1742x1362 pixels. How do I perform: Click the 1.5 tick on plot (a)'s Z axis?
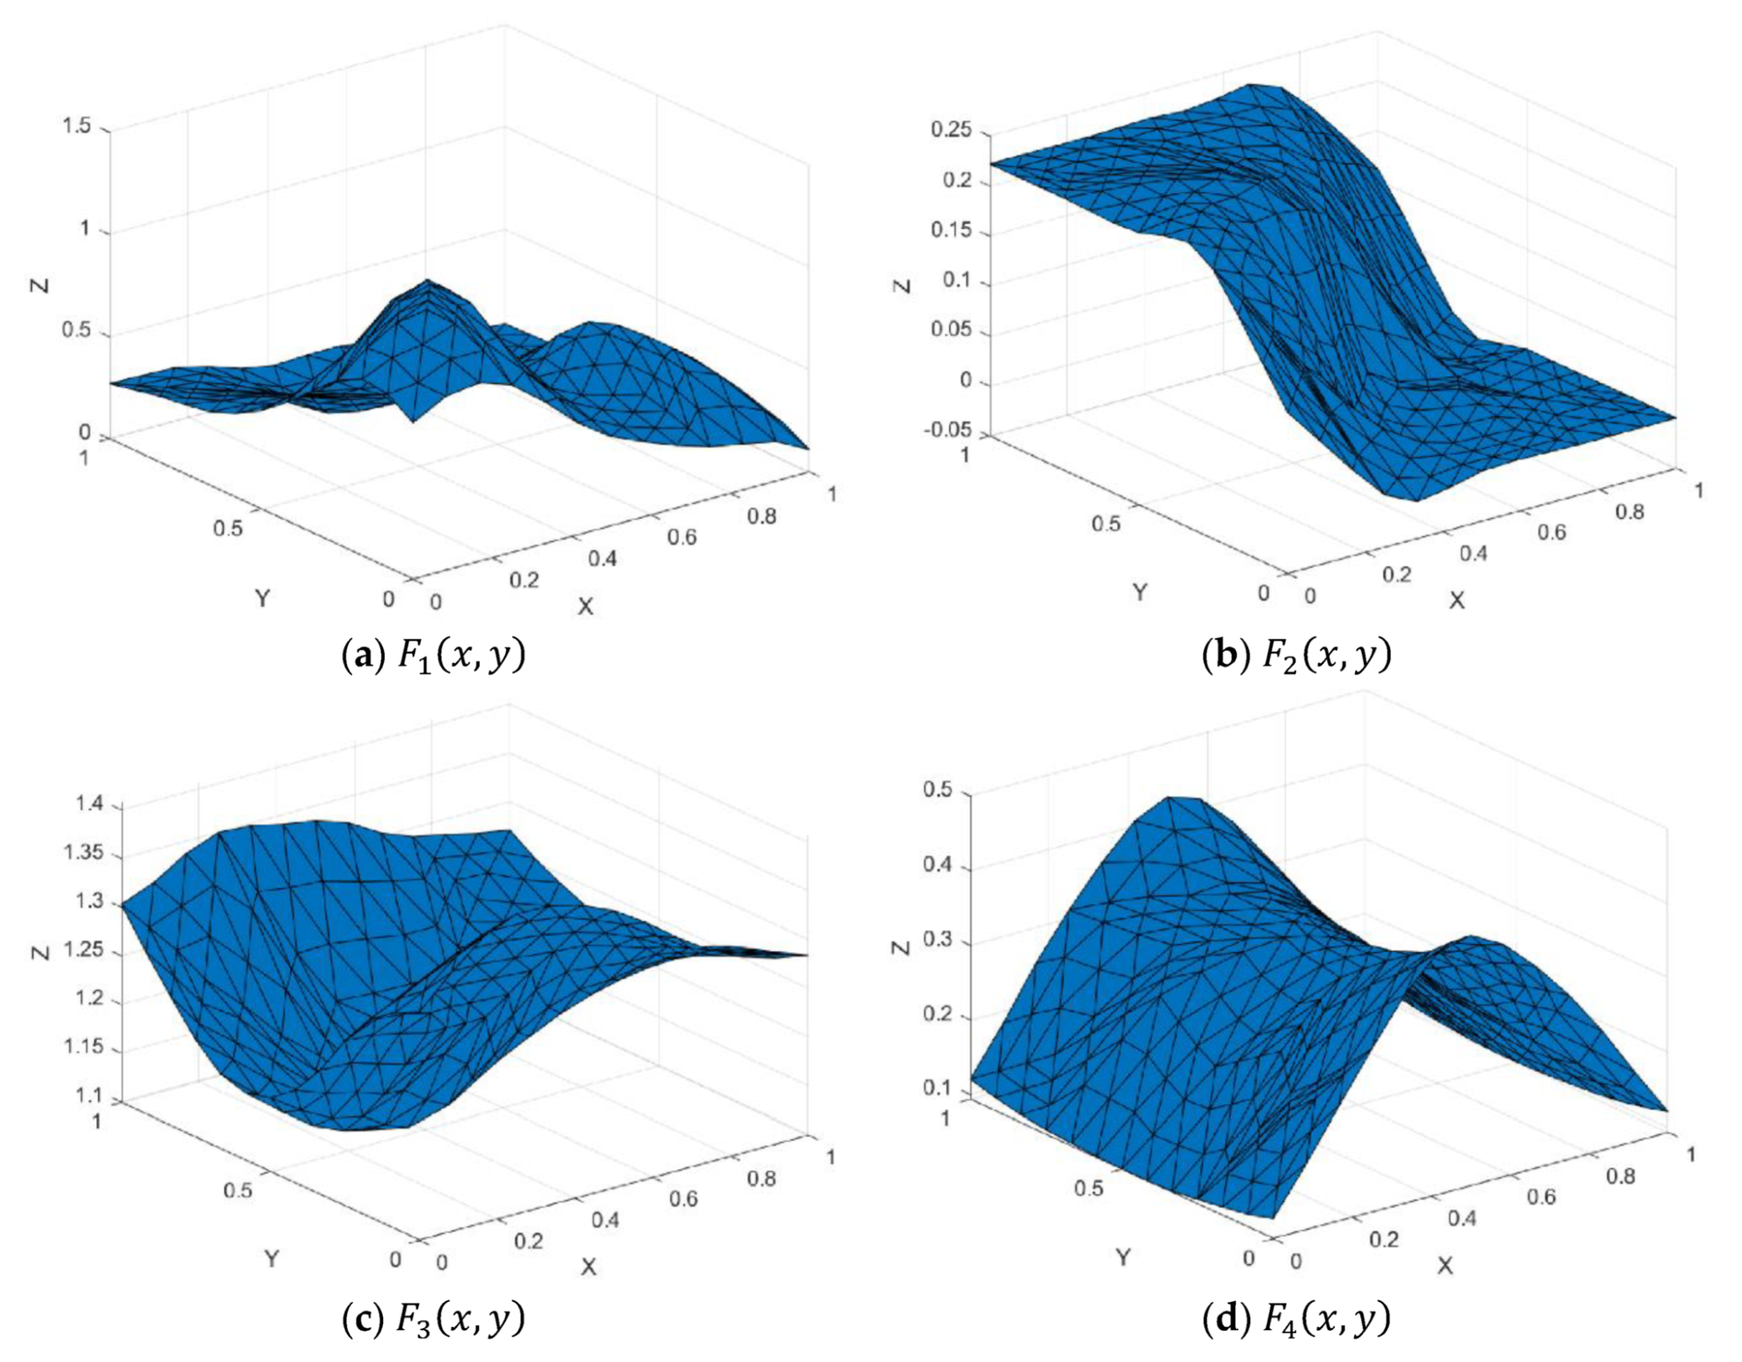point(81,128)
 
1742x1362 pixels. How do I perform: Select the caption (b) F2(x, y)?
point(1297,656)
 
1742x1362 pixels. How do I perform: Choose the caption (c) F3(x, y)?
point(434,1320)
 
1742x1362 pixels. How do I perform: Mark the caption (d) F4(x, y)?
point(1297,1320)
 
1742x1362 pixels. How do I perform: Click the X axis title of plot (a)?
point(585,607)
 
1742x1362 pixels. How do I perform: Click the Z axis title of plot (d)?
point(901,947)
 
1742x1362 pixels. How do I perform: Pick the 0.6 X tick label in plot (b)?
point(1550,532)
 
